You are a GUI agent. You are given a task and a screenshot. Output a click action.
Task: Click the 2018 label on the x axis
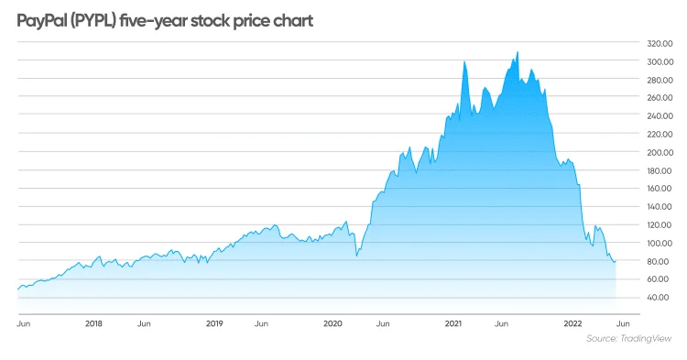click(x=93, y=323)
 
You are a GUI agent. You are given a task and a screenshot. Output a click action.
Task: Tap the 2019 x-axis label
click(x=213, y=323)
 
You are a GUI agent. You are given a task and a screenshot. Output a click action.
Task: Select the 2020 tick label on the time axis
click(x=333, y=323)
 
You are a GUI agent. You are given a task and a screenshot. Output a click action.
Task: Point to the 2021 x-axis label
click(x=453, y=323)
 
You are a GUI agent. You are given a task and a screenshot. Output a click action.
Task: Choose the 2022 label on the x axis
click(x=572, y=323)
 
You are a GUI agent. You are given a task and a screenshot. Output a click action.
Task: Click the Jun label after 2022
click(x=622, y=323)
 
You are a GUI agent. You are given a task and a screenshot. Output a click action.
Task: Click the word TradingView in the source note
click(x=648, y=339)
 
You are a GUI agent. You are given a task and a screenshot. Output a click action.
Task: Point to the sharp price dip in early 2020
click(x=356, y=256)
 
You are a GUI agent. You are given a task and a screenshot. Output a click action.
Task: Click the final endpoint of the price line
click(x=616, y=261)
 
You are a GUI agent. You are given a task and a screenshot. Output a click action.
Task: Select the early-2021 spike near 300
click(x=464, y=61)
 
